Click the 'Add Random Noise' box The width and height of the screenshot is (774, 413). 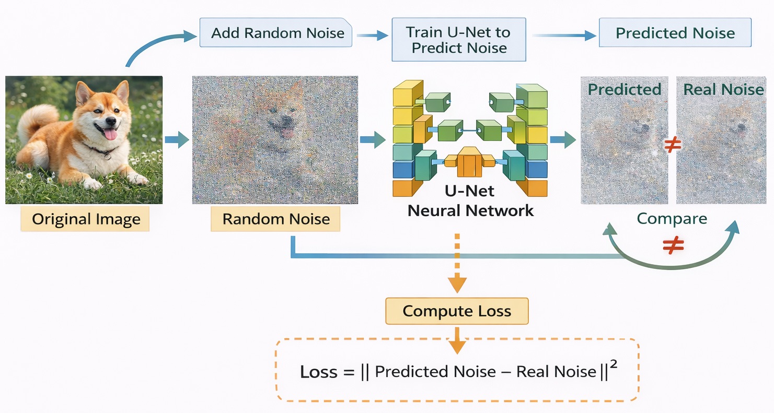[x=278, y=33]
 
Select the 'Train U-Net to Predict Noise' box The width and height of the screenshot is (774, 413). [x=459, y=40]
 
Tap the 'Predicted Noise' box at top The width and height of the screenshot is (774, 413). [x=675, y=33]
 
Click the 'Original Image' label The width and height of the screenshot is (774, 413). [x=86, y=219]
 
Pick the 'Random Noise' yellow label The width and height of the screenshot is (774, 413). [x=275, y=219]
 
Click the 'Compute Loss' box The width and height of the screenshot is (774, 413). [x=457, y=312]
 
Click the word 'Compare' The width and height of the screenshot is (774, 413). [x=672, y=218]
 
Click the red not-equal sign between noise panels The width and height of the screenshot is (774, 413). [x=672, y=147]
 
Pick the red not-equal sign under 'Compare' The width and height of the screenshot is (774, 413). [x=673, y=245]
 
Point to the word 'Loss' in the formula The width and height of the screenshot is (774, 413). [x=319, y=372]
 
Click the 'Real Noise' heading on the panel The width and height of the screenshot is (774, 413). [x=723, y=89]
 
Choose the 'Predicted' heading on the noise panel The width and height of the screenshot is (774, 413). [x=625, y=89]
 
